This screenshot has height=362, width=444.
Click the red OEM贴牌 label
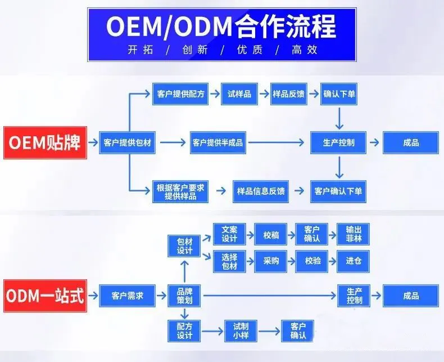pyautogui.click(x=46, y=142)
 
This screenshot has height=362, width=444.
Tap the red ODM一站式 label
pyautogui.click(x=46, y=296)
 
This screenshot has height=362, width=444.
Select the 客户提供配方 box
pyautogui.click(x=179, y=94)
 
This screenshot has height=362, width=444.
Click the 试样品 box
pyautogui.click(x=239, y=94)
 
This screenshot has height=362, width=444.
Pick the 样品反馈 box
pyautogui.click(x=288, y=94)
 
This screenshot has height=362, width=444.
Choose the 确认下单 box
pyautogui.click(x=339, y=94)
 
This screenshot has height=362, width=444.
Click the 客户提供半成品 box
pyautogui.click(x=218, y=142)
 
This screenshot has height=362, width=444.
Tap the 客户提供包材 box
pyautogui.click(x=128, y=142)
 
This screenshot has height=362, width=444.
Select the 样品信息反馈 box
pyautogui.click(x=261, y=191)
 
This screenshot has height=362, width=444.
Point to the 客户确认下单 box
pyautogui.click(x=338, y=191)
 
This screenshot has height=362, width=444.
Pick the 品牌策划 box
pyautogui.click(x=184, y=296)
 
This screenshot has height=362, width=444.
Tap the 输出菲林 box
pyautogui.click(x=354, y=234)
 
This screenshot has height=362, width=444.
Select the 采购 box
pyautogui.click(x=271, y=261)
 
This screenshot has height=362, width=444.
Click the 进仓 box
pyautogui.click(x=354, y=261)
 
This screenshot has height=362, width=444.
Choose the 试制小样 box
pyautogui.click(x=240, y=330)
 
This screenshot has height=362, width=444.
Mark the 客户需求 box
pyautogui.click(x=128, y=296)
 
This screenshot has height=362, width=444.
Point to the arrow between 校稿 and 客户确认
pyautogui.click(x=291, y=234)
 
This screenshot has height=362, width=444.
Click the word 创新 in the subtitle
pyautogui.click(x=194, y=50)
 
